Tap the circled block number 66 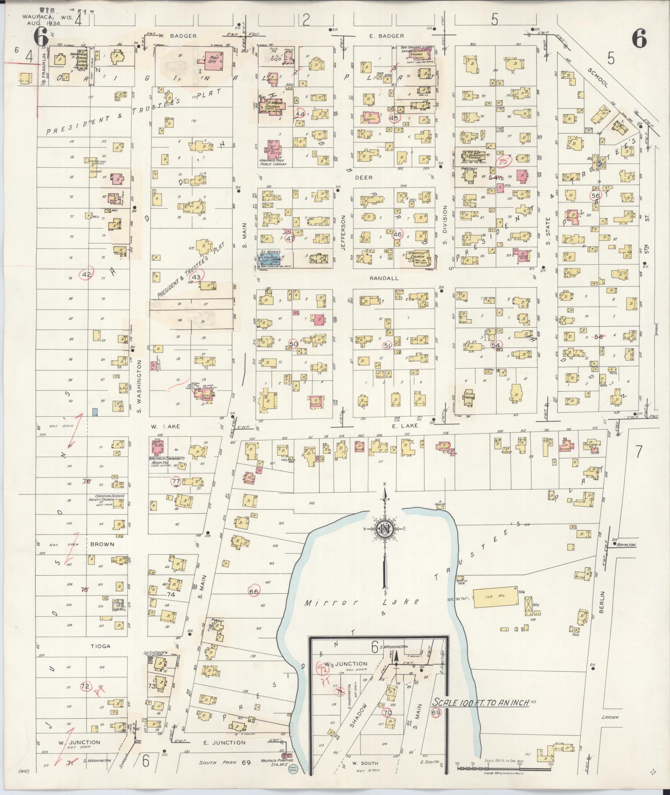pyautogui.click(x=253, y=591)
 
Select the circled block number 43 pyautogui.click(x=196, y=277)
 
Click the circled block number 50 pyautogui.click(x=294, y=344)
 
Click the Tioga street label pyautogui.click(x=102, y=646)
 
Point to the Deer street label pyautogui.click(x=363, y=177)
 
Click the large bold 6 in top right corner pyautogui.click(x=639, y=40)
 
